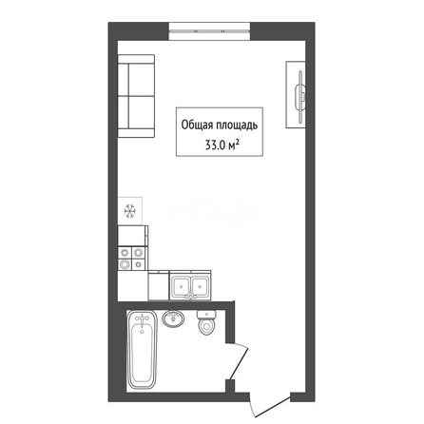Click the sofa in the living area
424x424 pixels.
point(136,96)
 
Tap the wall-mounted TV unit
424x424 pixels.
point(296,94)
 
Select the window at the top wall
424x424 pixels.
point(209,31)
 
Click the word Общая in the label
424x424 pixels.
point(197,125)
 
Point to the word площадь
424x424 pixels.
point(237,125)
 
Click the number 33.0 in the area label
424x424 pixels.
point(216,145)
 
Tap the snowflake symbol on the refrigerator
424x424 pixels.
point(130,211)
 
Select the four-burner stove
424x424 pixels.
point(132,259)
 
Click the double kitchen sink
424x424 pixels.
point(190,286)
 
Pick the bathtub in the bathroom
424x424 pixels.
point(142,350)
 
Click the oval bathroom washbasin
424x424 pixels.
point(173,318)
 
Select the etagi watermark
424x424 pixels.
point(212,211)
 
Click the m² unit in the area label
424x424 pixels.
point(233,145)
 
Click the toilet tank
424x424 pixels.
point(207,315)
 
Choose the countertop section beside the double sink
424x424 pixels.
point(159,285)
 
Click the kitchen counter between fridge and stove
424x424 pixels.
point(133,236)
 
